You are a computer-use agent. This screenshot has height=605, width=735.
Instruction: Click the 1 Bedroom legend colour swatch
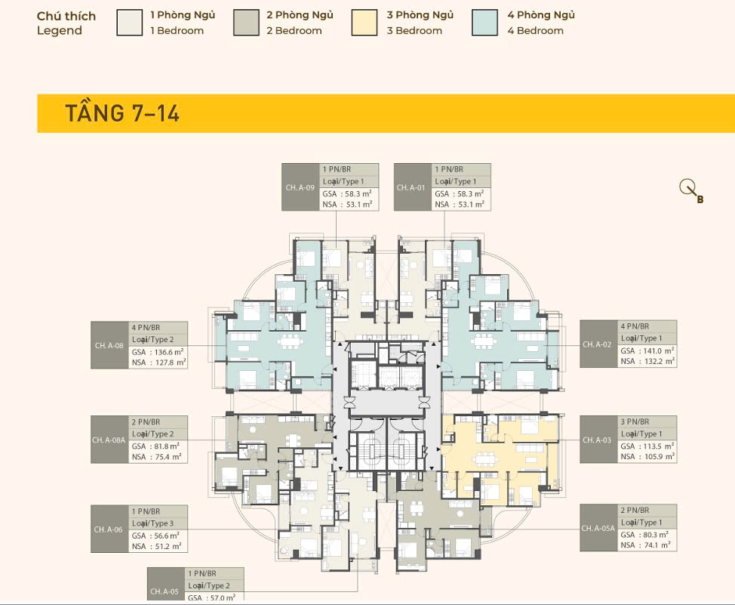129,23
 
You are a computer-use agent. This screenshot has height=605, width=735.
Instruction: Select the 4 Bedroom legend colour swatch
484,23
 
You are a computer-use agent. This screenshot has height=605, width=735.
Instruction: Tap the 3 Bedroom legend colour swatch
364,23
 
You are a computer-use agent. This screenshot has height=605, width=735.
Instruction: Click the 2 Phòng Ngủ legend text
300,15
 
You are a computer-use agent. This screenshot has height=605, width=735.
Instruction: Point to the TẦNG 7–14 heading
122,113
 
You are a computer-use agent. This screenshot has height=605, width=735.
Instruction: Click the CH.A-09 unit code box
300,187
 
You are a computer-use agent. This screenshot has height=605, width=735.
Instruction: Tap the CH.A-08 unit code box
109,345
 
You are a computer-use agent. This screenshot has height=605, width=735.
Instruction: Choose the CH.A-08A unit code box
109,440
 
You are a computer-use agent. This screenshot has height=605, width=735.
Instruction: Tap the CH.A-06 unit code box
109,529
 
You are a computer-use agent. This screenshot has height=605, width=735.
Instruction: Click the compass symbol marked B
691,191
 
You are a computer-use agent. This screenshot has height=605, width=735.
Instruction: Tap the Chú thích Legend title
66,23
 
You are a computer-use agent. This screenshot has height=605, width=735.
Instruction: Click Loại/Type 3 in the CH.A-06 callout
152,523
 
